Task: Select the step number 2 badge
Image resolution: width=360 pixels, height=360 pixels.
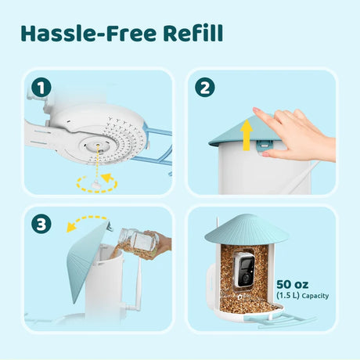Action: point(203,87)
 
